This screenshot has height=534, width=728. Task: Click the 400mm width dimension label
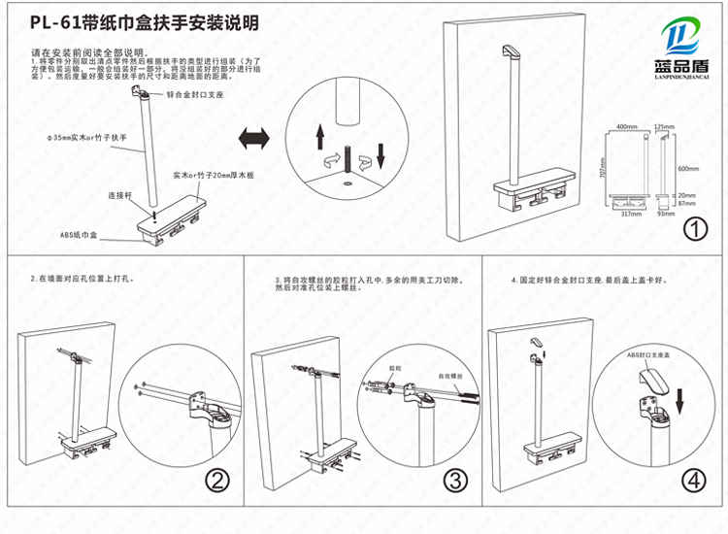click(x=626, y=127)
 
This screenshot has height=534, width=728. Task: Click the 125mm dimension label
click(x=664, y=127)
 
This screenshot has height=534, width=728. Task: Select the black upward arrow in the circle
click(x=321, y=136)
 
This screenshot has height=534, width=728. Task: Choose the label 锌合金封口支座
click(x=195, y=96)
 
